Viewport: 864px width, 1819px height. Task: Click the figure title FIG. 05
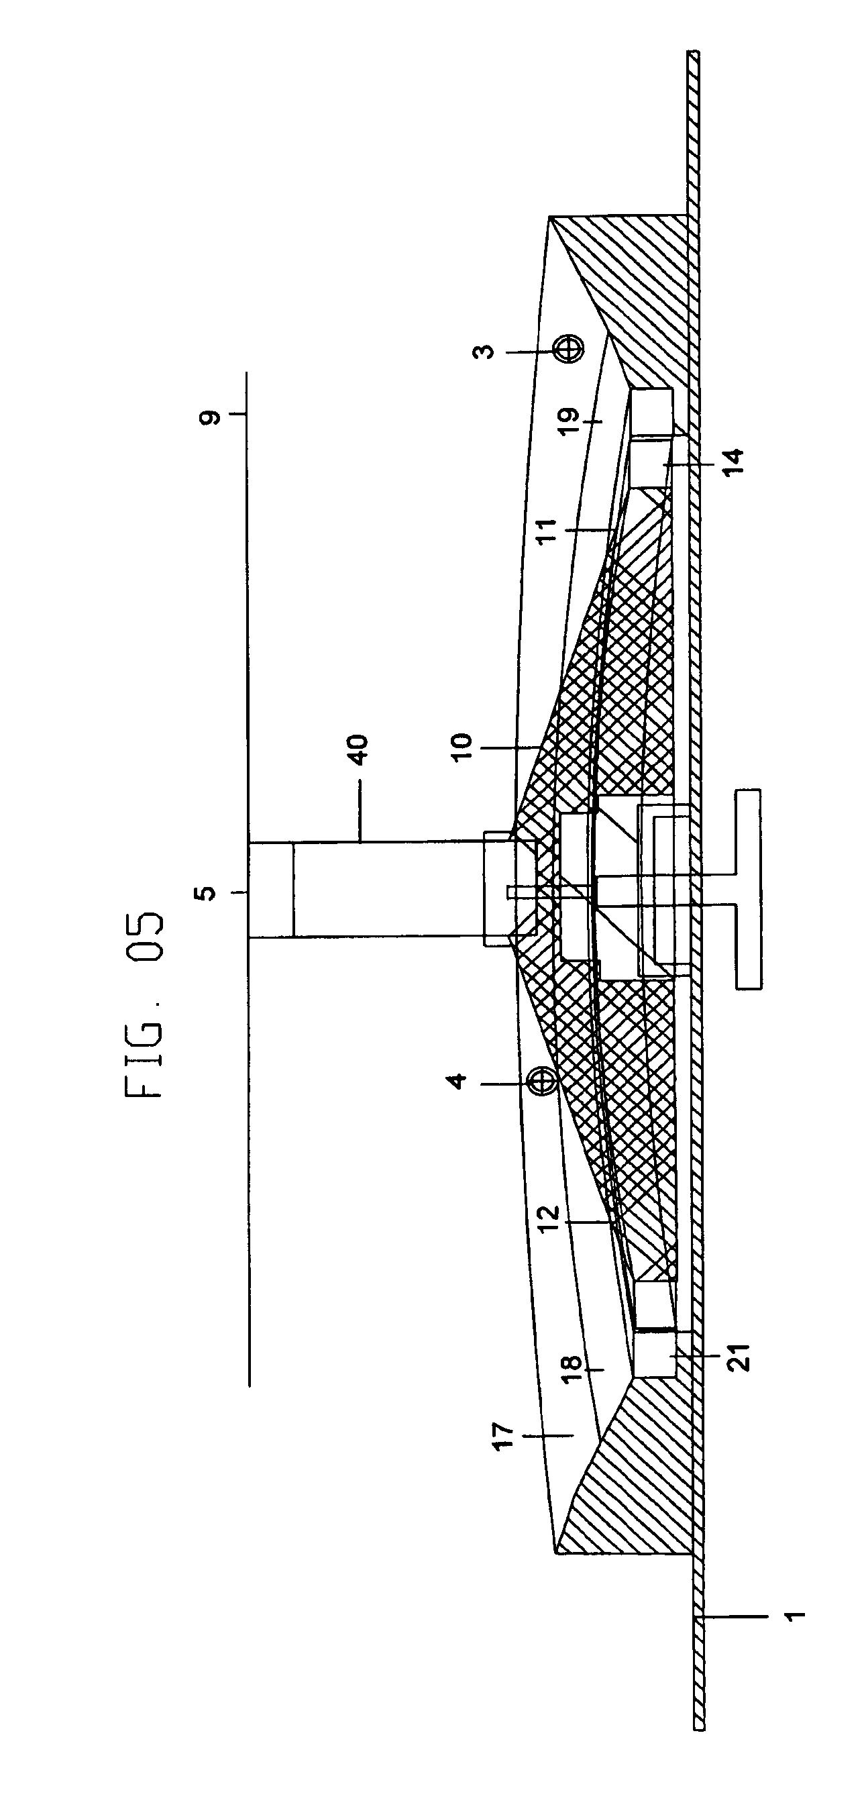point(144,1006)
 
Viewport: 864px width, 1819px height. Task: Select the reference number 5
point(205,893)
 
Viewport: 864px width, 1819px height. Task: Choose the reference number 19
point(570,421)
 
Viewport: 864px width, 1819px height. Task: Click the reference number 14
point(734,462)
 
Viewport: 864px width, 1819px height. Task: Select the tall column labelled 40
point(388,890)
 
